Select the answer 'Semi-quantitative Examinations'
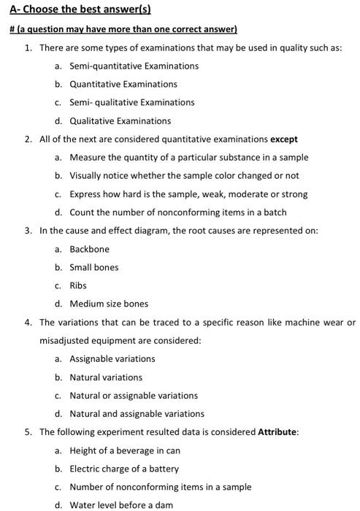pos(134,66)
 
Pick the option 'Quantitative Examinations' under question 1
pos(123,84)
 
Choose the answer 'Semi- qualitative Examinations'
pos(131,102)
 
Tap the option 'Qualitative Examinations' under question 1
pos(120,120)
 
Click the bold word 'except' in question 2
pos(284,139)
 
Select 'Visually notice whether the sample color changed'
pos(184,175)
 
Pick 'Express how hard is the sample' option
pos(188,194)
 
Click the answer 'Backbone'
pos(89,249)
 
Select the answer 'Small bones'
pos(93,267)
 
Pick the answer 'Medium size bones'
pos(109,304)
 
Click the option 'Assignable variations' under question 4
pos(112,358)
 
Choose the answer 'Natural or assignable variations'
pos(134,395)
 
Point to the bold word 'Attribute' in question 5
pos(277,431)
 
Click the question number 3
pos(28,231)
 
